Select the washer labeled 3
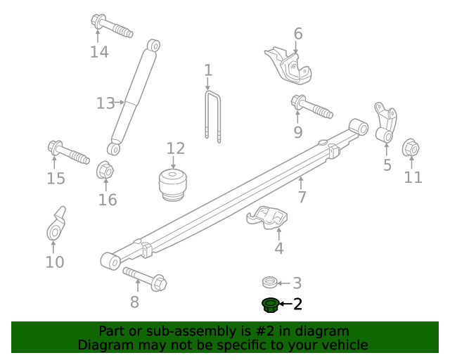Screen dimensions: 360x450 click(269, 283)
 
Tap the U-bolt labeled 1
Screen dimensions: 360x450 click(213, 115)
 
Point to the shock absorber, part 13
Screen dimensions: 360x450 click(133, 98)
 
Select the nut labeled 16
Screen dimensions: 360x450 click(105, 170)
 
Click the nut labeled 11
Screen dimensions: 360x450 click(411, 148)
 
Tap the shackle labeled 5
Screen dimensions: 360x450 click(385, 123)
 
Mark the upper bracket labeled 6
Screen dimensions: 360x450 click(288, 65)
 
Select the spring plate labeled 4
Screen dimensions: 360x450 click(268, 219)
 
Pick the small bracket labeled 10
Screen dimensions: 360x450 click(56, 224)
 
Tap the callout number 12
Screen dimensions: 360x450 click(175, 148)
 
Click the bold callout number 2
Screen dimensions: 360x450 click(297, 304)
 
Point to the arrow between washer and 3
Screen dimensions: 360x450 click(283, 283)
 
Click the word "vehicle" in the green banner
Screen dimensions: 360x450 click(340, 345)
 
